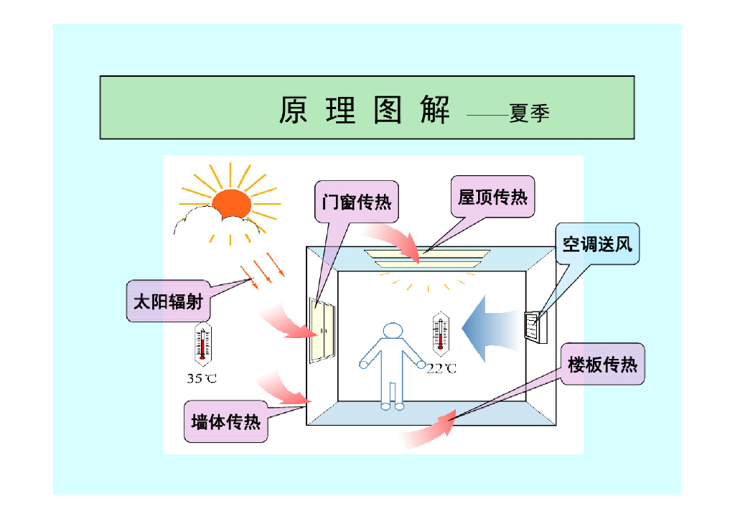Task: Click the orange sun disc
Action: [x=232, y=204]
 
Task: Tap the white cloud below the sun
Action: [x=217, y=223]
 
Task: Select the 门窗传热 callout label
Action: [x=356, y=202]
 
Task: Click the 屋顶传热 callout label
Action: [x=492, y=197]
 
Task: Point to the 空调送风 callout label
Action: [x=597, y=244]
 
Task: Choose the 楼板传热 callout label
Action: [x=602, y=364]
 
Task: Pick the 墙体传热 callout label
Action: [x=226, y=421]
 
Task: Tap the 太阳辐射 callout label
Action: [x=168, y=301]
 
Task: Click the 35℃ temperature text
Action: [x=202, y=378]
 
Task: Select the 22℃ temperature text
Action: [x=441, y=368]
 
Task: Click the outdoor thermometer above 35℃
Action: [x=203, y=344]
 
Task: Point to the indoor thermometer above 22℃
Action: [x=441, y=334]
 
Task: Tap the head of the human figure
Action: [x=393, y=330]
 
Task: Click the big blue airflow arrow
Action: [x=492, y=329]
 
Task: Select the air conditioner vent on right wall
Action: [x=535, y=327]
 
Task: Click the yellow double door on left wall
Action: [x=322, y=330]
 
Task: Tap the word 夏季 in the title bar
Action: [x=529, y=113]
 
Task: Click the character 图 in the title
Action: [x=388, y=110]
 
